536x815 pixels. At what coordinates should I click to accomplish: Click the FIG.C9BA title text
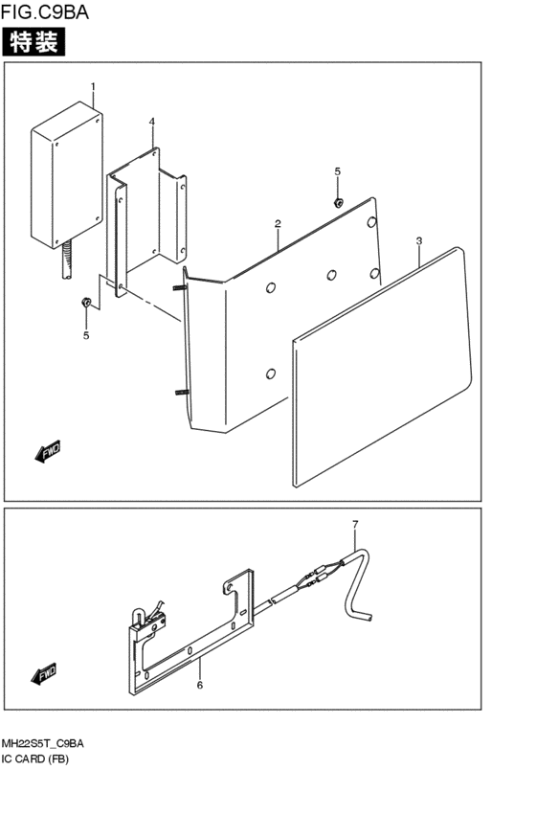pos(45,11)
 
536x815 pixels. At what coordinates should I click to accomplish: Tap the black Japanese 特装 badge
pos(33,41)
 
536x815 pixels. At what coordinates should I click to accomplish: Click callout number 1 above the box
pos(93,86)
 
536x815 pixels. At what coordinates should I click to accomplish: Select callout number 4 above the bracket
pos(151,122)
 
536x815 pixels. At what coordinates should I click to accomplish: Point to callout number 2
pos(278,224)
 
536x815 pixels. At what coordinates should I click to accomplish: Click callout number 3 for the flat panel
pos(419,240)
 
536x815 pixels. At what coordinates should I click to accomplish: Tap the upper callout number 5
pos(338,171)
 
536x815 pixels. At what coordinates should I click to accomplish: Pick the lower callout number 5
pos(86,336)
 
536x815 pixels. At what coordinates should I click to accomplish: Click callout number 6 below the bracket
pos(200,686)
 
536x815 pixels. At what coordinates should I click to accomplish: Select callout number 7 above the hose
pos(355,525)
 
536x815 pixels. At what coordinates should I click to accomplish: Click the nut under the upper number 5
pos(338,202)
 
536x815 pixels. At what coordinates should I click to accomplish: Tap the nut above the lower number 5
pos(86,302)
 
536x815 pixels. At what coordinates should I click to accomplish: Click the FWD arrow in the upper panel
pos(48,451)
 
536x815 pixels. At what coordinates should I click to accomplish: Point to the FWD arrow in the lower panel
pos(45,674)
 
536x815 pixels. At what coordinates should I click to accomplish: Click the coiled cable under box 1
pos(66,260)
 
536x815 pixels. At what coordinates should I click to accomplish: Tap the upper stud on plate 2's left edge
pos(180,288)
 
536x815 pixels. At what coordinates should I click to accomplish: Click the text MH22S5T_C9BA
pos(42,744)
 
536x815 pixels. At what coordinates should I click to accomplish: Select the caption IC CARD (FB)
pos(34,759)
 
